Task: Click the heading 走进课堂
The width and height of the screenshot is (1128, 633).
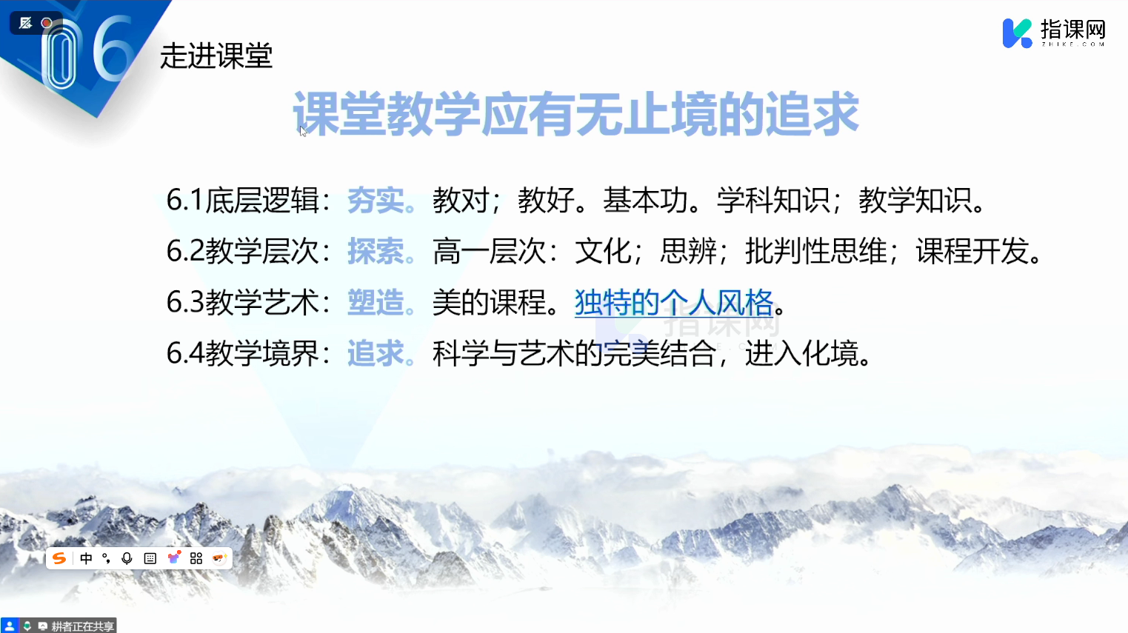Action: coord(216,56)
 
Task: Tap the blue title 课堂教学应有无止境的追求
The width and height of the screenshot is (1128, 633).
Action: coord(575,114)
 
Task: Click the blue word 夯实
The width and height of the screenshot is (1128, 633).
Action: coord(376,201)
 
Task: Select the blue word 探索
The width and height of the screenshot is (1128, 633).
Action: coord(376,251)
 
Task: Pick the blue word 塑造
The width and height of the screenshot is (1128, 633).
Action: coord(376,302)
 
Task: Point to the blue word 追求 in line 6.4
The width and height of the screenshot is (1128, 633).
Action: coord(376,353)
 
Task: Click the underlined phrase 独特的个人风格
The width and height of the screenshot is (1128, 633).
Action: coord(674,302)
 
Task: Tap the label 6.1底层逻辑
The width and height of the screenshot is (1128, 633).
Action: coord(243,201)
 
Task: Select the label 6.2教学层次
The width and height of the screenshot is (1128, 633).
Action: coord(243,251)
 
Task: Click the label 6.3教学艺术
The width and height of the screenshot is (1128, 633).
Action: coord(243,302)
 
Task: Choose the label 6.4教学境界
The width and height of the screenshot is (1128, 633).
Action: coord(243,353)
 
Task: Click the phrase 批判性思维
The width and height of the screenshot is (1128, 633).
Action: coord(815,251)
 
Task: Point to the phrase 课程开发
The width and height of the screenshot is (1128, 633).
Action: coord(972,251)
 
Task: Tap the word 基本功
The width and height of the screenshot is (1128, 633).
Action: coord(646,201)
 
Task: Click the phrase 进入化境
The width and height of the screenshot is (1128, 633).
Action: coord(801,353)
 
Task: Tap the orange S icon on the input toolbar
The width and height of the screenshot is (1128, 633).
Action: coord(59,558)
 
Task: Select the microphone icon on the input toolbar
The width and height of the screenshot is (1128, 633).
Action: coord(127,558)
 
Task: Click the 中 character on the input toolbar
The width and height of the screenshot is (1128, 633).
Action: coord(86,558)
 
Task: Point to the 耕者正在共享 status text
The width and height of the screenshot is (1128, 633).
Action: coord(83,626)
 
